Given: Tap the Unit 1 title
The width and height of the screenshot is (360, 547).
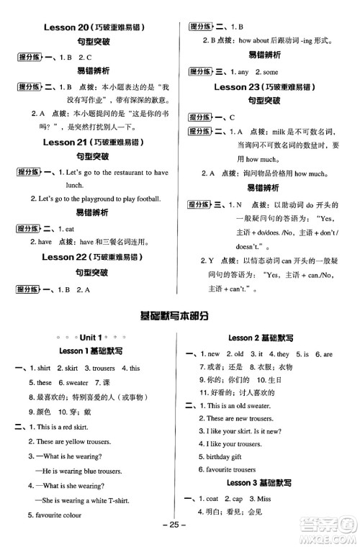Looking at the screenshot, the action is click(90, 338).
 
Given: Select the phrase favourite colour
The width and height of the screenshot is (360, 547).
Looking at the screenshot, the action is click(53, 515).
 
